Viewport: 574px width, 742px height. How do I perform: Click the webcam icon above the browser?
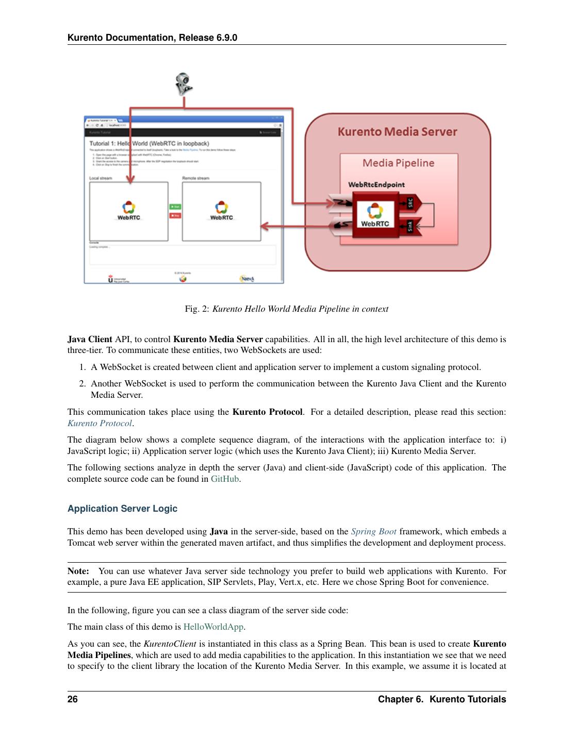coord(183,84)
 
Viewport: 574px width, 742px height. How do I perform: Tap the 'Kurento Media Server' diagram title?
coord(397,132)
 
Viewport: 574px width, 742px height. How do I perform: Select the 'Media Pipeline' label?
coord(398,163)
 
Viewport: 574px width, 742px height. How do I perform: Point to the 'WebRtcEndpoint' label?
coord(376,184)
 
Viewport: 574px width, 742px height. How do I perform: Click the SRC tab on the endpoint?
coord(411,203)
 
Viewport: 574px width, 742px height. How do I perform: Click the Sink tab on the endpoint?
coord(411,226)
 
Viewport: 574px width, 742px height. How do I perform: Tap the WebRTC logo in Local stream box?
coord(128,210)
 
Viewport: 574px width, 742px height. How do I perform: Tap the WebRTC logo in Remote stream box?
coord(221,210)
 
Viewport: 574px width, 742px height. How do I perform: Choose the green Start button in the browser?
coord(175,207)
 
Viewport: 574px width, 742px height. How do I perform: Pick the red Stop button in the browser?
coord(175,215)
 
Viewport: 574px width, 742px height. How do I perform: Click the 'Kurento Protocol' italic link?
coord(100,424)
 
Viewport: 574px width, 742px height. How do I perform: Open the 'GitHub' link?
coord(225,479)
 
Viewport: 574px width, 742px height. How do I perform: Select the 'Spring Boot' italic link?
coord(373,532)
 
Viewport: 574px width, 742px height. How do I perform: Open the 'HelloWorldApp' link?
coord(213,627)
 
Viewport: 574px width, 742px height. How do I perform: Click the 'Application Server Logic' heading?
coord(122,509)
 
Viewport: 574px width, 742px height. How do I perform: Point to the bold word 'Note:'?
coord(78,571)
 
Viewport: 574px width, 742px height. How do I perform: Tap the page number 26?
coord(73,699)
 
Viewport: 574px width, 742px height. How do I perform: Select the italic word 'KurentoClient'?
coord(170,644)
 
